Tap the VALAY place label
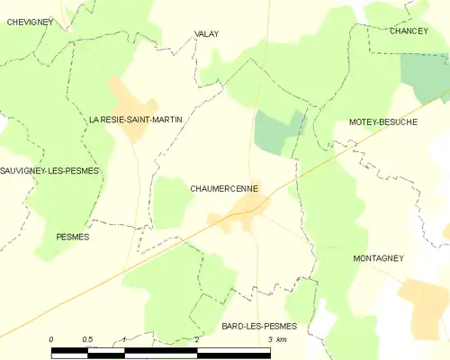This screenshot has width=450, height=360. point(206,34)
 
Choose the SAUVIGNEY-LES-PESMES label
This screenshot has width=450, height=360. point(49,170)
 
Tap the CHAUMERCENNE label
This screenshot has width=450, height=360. point(224,189)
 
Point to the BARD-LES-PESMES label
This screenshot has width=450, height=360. point(258,325)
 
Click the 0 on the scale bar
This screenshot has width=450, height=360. point(51,339)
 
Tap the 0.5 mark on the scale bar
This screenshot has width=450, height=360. point(87,339)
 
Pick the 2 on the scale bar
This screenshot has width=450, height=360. point(196,339)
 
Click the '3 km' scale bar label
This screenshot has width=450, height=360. point(275,339)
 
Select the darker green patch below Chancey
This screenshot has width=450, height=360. point(426,77)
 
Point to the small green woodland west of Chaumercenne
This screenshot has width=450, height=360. point(169,202)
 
